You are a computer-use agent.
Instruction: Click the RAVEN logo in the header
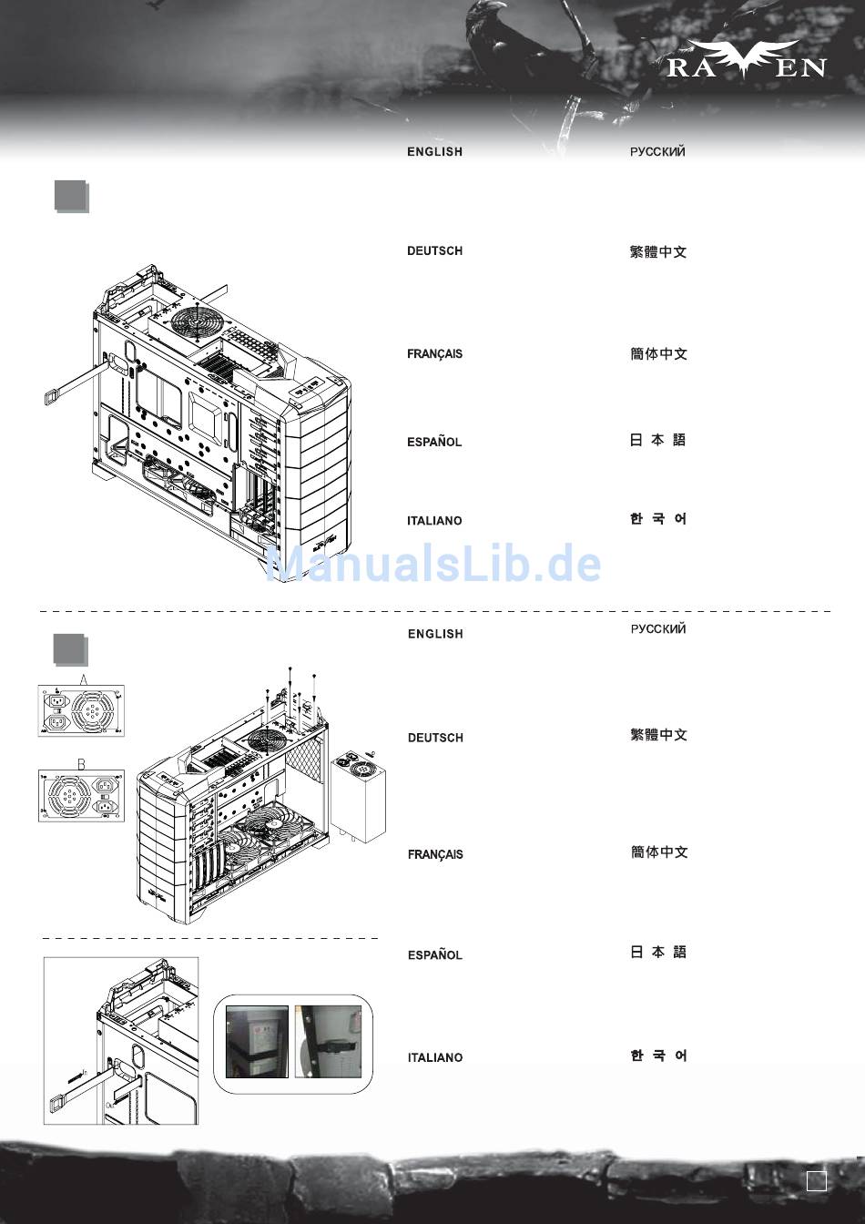746,60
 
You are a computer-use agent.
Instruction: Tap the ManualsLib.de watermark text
432,564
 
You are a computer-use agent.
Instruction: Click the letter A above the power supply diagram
84,679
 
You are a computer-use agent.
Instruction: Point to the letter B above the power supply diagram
81,764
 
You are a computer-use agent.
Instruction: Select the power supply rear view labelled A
81,710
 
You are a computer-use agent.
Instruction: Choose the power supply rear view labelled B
81,796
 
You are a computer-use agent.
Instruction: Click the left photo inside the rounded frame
257,1042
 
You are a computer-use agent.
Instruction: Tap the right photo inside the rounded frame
328,1042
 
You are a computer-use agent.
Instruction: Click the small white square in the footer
817,1181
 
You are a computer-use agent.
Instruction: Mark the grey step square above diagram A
70,649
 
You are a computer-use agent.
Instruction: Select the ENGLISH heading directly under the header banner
434,152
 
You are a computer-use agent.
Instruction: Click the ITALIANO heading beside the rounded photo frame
435,1057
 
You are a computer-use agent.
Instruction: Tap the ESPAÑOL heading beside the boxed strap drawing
435,955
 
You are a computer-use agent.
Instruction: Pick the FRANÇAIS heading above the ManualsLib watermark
434,354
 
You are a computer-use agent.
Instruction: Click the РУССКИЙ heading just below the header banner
657,152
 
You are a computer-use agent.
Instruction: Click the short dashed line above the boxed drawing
209,938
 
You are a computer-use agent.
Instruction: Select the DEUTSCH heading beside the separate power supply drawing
435,738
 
